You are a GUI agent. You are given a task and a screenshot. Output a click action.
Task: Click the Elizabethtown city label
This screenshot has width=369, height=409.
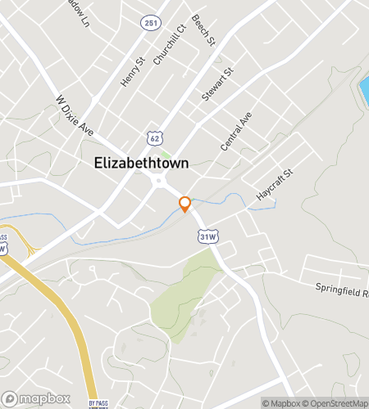[142, 163]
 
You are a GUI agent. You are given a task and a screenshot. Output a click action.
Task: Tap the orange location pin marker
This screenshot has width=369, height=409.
[185, 204]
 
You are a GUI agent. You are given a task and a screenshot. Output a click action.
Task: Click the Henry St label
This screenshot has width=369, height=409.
[133, 70]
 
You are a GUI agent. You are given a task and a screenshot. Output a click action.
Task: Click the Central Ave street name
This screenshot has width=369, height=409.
[236, 133]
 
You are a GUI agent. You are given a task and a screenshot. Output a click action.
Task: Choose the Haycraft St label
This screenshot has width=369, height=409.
[273, 186]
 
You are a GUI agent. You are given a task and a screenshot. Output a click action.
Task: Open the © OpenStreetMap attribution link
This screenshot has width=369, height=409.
[336, 402]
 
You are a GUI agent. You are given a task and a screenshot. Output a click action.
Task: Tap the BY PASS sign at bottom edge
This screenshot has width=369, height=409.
[98, 403]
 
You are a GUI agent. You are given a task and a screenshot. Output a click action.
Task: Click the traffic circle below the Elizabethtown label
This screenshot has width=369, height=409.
[162, 182]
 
